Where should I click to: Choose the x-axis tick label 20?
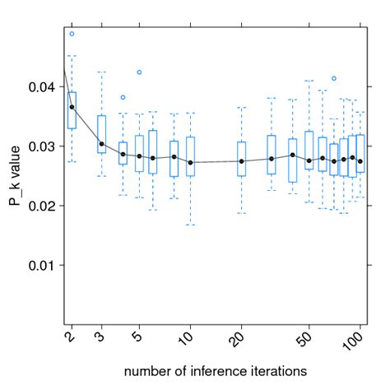coord(239,339)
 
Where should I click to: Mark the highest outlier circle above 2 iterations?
coord(72,34)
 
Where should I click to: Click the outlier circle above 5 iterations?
coord(139,72)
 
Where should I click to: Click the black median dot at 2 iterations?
coord(72,107)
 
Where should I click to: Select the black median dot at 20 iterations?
coord(241,160)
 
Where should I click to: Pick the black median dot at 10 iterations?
coord(191,162)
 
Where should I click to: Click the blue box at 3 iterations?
coord(101,134)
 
